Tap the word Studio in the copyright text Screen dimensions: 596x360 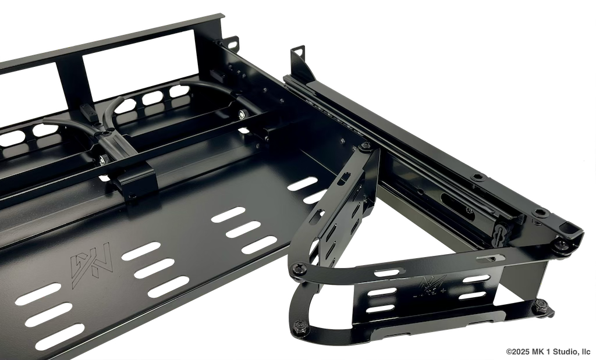[564, 352]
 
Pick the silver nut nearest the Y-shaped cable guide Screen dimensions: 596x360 [103, 159]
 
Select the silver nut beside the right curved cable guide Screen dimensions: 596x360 [242, 113]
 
